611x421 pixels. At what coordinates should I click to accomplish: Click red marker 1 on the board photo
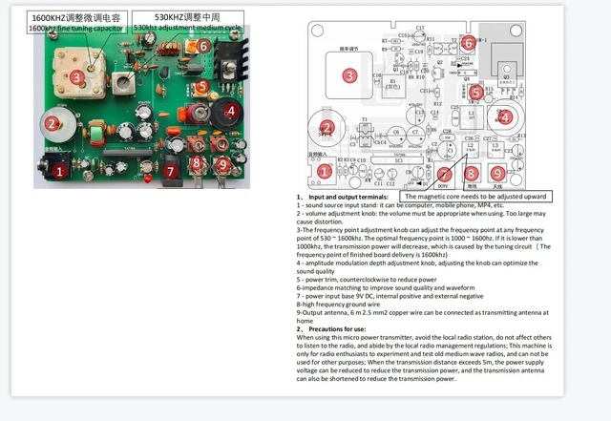click(x=59, y=172)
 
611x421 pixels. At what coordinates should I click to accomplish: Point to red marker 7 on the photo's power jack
click(x=172, y=172)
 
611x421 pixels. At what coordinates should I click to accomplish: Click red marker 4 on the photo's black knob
click(x=230, y=111)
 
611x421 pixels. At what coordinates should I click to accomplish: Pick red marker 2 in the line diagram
click(x=327, y=128)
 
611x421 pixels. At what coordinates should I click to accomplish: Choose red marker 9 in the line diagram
click(x=497, y=172)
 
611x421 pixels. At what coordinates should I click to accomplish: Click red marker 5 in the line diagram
click(x=474, y=93)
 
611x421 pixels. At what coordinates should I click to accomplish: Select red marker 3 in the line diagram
click(x=349, y=74)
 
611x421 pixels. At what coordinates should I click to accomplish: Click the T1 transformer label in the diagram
click(x=363, y=121)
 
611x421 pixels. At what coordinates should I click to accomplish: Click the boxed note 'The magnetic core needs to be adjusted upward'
click(x=475, y=196)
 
